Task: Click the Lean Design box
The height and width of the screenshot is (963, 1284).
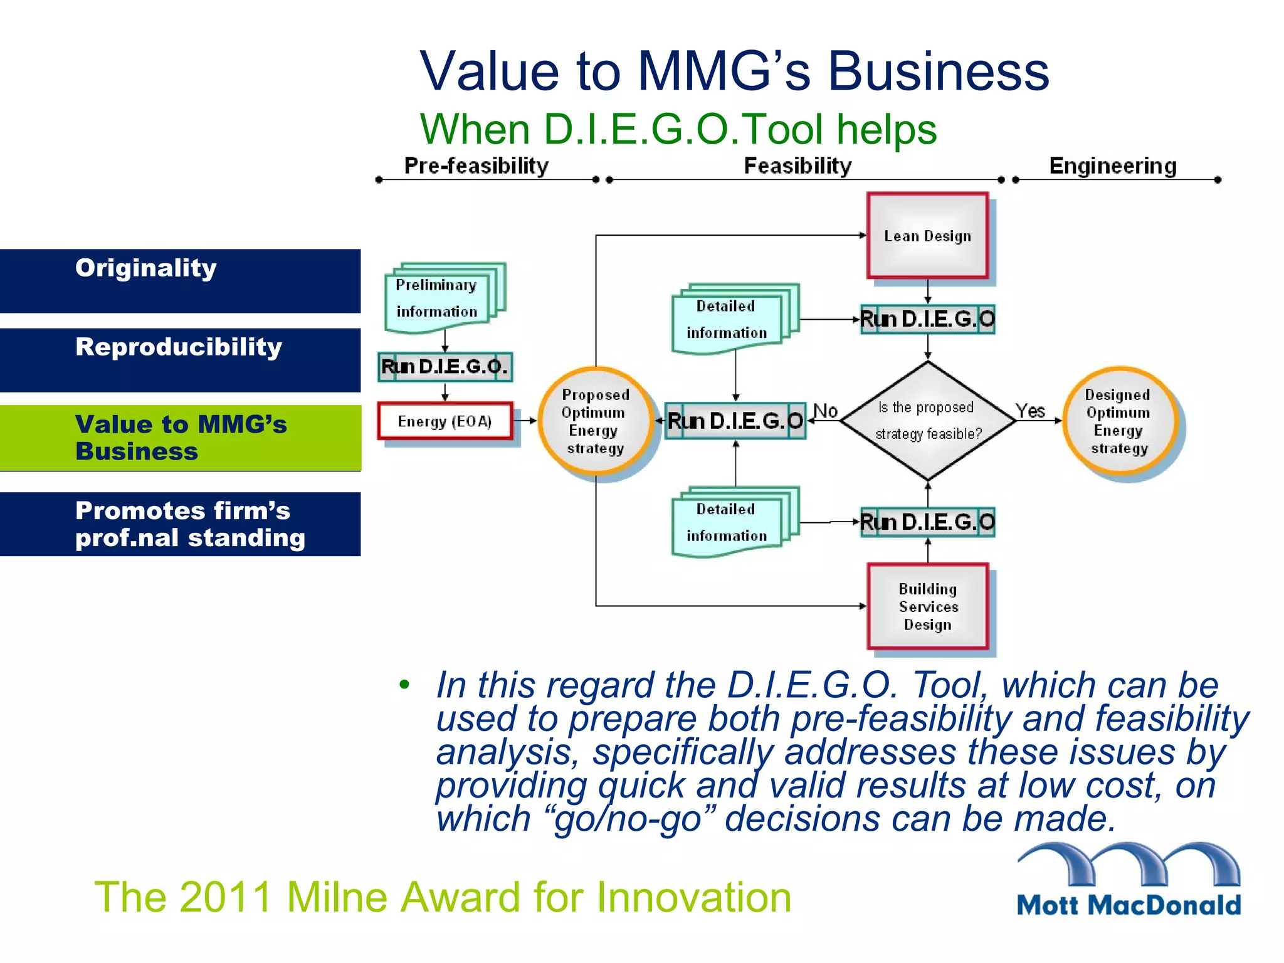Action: coord(927,236)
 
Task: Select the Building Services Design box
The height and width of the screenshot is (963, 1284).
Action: coord(927,606)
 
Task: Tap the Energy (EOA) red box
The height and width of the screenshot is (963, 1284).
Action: coord(445,421)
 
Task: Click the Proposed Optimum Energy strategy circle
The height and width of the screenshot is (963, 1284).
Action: coord(595,421)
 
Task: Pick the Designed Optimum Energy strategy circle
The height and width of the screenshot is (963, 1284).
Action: coord(1118,421)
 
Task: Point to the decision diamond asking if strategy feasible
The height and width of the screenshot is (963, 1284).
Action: coord(927,420)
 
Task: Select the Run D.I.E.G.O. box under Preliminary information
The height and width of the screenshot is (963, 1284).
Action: coord(445,367)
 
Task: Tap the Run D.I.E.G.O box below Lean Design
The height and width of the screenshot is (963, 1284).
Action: coord(927,319)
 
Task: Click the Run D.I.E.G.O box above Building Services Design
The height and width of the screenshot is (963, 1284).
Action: coord(927,522)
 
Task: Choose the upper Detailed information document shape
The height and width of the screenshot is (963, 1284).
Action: coord(727,320)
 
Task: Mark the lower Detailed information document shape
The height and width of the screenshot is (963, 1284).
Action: coord(727,522)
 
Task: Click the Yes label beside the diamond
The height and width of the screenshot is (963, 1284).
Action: coord(1030,411)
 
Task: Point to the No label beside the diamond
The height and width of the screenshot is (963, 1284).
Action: coord(825,411)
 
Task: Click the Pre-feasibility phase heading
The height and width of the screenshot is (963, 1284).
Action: coord(476,166)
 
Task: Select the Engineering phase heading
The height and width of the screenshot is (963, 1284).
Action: coord(1113,166)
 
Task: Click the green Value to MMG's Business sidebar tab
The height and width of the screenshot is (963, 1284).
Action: coord(180,438)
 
